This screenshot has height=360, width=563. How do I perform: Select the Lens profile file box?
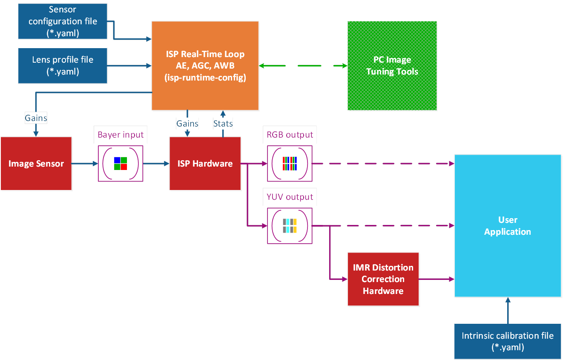click(x=62, y=66)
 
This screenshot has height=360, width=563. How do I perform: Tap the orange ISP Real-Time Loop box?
click(x=205, y=66)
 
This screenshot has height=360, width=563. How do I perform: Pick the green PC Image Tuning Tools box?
click(x=392, y=66)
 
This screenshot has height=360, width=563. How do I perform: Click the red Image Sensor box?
click(x=36, y=164)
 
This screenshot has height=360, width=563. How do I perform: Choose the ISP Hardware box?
click(x=205, y=164)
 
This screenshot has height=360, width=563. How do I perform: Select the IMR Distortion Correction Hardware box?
click(x=383, y=279)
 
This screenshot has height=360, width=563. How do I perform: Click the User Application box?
click(x=508, y=226)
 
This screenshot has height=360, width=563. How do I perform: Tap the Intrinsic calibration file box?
click(x=508, y=341)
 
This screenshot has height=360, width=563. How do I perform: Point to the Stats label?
click(x=223, y=124)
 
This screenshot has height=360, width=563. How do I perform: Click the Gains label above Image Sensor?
click(x=36, y=118)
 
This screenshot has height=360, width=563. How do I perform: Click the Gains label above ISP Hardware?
click(x=187, y=124)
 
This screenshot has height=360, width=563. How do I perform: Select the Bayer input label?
click(x=121, y=135)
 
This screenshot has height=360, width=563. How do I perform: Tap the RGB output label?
click(x=290, y=135)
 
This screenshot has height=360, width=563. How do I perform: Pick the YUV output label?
click(x=290, y=197)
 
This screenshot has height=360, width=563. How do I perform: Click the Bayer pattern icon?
click(x=121, y=164)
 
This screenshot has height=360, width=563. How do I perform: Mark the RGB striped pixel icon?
click(x=290, y=164)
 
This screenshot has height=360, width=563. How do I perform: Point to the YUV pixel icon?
click(x=290, y=226)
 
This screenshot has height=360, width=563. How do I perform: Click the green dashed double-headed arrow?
click(x=303, y=66)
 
